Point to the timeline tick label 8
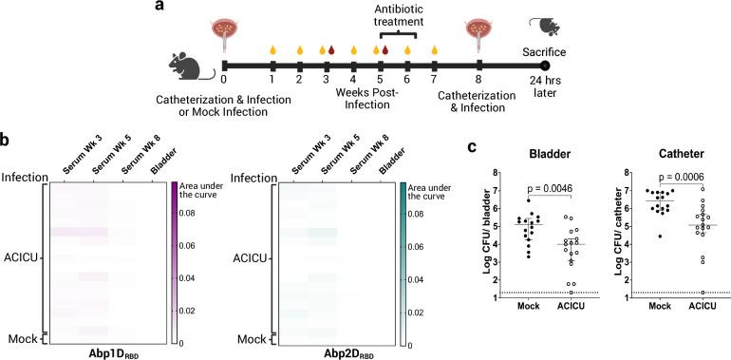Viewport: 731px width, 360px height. click(478, 81)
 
